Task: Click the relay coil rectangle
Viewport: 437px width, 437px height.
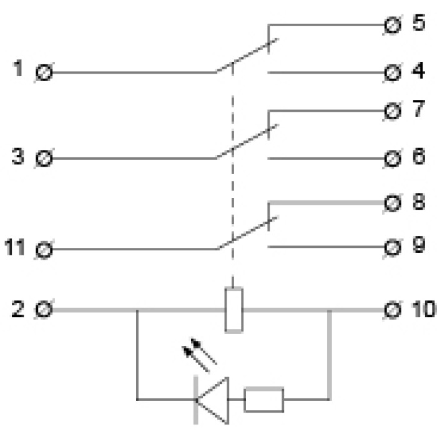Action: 233,310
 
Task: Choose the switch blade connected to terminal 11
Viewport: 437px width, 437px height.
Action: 247,233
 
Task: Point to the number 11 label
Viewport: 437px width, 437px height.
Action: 17,249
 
